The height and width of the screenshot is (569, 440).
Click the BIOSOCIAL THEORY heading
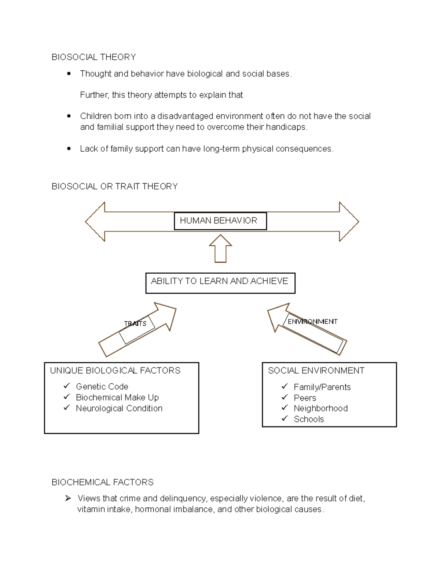coord(93,57)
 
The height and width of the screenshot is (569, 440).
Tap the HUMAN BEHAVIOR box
coord(220,221)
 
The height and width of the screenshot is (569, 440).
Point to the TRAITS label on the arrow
coord(135,324)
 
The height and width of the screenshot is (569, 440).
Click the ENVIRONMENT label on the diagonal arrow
coord(312,322)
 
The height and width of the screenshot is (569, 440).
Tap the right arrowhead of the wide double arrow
coord(349,221)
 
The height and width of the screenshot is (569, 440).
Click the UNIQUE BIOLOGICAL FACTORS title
coord(115,370)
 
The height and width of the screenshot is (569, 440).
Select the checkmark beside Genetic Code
coord(67,386)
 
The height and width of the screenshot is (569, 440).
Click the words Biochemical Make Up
coord(117,398)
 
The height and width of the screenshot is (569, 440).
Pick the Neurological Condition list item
coord(119,409)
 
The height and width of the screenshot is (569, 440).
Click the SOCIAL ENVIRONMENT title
coord(316,370)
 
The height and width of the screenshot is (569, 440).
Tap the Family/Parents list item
coord(322,387)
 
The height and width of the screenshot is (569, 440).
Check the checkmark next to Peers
coord(285,397)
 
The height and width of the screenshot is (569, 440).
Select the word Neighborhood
coord(320,409)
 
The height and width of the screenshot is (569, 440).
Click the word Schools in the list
coord(309,420)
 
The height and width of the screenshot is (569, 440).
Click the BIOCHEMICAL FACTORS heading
coord(103,482)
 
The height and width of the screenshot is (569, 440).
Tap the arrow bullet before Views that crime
coord(68,498)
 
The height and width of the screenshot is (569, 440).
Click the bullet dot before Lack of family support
coord(69,149)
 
